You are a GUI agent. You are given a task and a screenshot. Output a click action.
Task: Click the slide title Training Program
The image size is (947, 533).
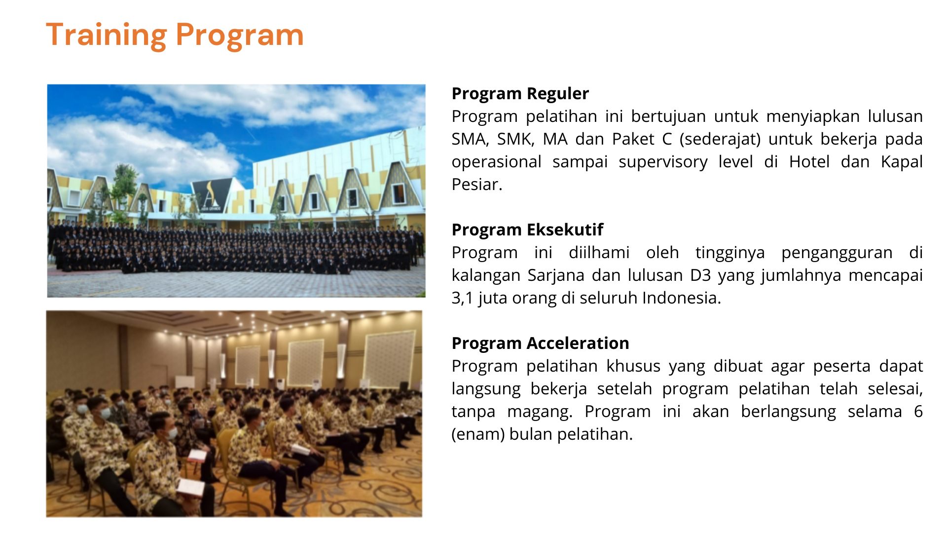click(175, 36)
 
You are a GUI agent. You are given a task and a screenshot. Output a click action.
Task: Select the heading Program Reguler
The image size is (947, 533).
click(520, 94)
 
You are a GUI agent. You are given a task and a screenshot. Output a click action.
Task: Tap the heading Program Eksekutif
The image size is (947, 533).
click(527, 230)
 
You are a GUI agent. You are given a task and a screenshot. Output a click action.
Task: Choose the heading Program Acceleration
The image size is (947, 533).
click(541, 343)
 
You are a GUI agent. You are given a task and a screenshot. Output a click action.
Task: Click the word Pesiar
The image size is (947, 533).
click(477, 185)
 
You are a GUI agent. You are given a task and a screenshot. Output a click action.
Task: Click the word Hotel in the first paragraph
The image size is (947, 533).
click(809, 162)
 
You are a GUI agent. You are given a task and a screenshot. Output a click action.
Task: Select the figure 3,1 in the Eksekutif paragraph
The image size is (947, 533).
click(463, 298)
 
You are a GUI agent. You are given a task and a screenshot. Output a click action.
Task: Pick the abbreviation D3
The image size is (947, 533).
click(700, 275)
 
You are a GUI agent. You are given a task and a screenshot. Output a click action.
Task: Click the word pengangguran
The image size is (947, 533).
click(837, 253)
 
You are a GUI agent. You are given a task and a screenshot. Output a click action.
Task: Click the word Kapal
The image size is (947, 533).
click(902, 162)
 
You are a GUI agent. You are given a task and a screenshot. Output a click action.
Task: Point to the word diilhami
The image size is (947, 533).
click(599, 253)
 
